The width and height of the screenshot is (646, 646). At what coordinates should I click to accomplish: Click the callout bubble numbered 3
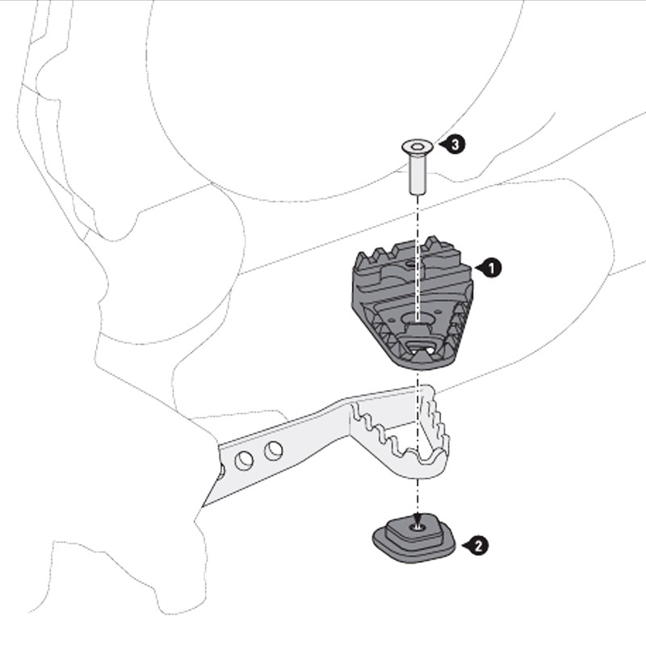(x=455, y=145)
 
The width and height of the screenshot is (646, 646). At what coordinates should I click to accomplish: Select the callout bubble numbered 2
(x=478, y=546)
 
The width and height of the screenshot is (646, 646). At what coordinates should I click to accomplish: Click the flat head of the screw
(x=417, y=147)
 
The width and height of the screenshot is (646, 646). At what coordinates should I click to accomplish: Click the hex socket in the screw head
(x=417, y=146)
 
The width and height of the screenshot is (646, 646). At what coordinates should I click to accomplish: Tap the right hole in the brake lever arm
(x=274, y=451)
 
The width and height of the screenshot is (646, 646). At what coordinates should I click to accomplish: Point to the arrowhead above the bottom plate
(x=417, y=520)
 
